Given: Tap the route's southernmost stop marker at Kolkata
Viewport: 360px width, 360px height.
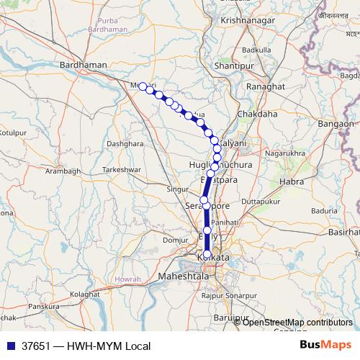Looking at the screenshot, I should pos(207,254).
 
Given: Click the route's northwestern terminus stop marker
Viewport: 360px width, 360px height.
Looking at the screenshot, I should pos(143,86).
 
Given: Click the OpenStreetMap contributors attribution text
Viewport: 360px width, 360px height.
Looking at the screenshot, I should pos(297,322).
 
